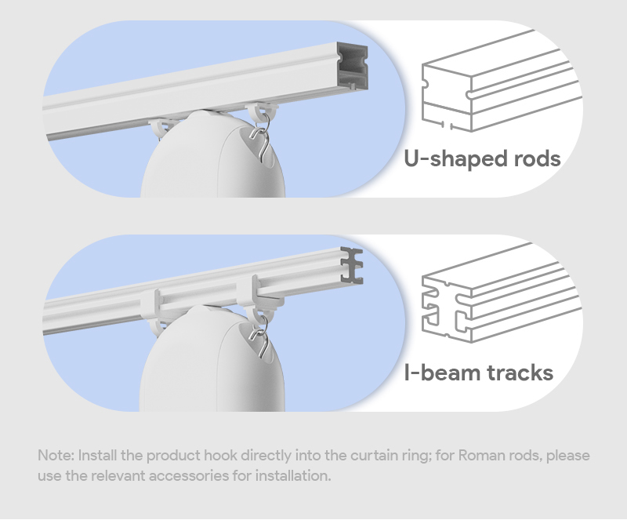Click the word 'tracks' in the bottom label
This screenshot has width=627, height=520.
click(x=520, y=373)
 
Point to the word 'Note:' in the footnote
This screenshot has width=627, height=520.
click(x=56, y=456)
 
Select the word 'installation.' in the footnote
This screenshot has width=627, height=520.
click(x=293, y=475)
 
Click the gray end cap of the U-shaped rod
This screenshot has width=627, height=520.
click(x=352, y=65)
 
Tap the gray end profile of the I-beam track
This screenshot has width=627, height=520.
click(x=352, y=265)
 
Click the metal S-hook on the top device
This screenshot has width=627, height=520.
click(x=260, y=137)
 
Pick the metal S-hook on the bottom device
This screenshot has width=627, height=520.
click(x=260, y=336)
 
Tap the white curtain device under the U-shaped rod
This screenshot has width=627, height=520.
click(x=212, y=155)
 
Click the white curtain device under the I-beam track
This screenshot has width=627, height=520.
click(x=212, y=359)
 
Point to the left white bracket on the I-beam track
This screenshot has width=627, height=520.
click(x=150, y=308)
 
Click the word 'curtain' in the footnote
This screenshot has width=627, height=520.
click(x=374, y=456)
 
